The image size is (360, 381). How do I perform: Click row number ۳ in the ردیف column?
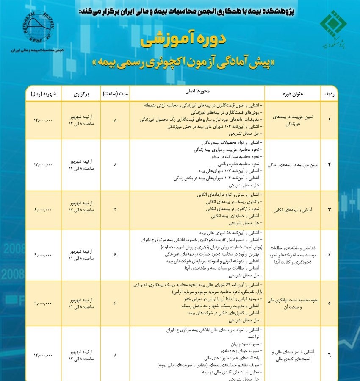tap(329, 210)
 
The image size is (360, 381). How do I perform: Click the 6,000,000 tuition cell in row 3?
tap(43, 210)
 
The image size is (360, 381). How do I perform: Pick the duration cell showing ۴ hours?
tap(115, 210)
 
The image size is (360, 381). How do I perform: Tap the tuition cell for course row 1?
tap(43, 120)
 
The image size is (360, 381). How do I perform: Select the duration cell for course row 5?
tap(115, 303)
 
